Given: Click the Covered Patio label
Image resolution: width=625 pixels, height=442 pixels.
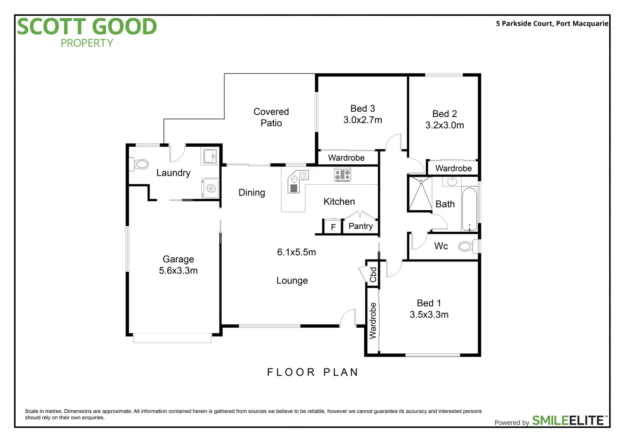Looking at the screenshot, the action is (x=271, y=117).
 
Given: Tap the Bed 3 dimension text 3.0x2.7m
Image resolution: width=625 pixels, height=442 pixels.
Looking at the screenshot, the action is (x=363, y=120).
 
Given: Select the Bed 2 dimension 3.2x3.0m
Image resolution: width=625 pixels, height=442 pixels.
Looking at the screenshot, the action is (x=445, y=125).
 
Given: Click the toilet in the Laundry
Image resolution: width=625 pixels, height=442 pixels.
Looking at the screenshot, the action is (x=141, y=164).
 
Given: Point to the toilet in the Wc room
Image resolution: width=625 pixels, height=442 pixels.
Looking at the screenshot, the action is (x=466, y=246).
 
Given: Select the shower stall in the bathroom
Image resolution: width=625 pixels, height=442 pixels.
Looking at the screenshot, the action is (x=420, y=194).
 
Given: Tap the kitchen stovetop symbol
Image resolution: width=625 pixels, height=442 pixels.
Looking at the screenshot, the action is (x=342, y=174).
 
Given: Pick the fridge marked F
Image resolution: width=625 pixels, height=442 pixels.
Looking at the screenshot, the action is (x=333, y=227).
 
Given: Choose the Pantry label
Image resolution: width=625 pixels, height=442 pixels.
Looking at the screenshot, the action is (x=360, y=226).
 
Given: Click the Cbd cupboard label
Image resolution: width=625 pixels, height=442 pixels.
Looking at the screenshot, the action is (x=373, y=275).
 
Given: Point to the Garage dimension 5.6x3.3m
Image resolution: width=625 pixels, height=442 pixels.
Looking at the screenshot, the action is (x=178, y=271).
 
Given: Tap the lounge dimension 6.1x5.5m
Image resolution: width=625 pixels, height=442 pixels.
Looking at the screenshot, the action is (x=296, y=252).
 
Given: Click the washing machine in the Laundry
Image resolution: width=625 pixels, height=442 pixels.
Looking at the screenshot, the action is (x=211, y=188).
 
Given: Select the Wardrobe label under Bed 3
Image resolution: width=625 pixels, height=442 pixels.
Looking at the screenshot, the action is (x=346, y=158).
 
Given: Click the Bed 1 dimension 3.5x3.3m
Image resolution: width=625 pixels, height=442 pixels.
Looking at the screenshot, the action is (x=429, y=315).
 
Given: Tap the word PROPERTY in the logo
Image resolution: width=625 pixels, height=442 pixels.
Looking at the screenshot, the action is (x=87, y=43).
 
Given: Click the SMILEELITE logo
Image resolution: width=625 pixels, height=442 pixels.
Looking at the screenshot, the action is (x=568, y=420).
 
